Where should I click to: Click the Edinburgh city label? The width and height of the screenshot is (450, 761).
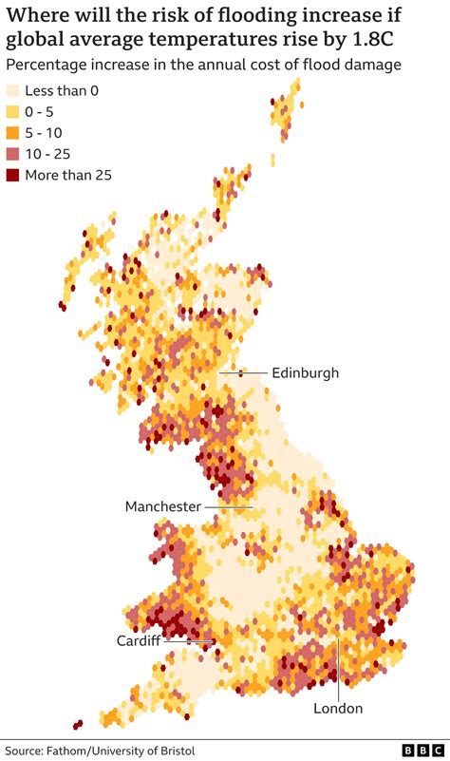click(x=305, y=373)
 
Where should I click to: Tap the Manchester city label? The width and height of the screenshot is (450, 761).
click(x=163, y=506)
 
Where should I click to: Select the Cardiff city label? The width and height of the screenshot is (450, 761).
click(x=138, y=640)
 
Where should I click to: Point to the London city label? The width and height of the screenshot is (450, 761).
click(x=338, y=708)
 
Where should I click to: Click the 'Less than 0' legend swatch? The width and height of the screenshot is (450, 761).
click(x=13, y=91)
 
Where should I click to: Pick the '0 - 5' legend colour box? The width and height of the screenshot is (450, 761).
click(x=13, y=112)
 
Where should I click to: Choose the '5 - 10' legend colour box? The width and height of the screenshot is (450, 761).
click(x=13, y=133)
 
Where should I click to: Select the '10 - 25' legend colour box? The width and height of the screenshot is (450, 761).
click(x=13, y=154)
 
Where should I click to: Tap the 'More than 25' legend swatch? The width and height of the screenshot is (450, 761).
click(x=13, y=175)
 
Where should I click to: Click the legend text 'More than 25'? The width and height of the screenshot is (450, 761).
click(x=68, y=175)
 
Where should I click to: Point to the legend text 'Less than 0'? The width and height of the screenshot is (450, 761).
click(x=62, y=91)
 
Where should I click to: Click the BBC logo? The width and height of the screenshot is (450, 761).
click(x=422, y=750)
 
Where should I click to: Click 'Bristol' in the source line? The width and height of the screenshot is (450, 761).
click(x=176, y=751)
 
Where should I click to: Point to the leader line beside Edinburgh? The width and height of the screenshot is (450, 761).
click(x=244, y=372)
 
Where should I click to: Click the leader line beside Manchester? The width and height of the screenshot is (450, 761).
click(x=228, y=506)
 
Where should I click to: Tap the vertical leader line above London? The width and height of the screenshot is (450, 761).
click(x=338, y=665)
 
